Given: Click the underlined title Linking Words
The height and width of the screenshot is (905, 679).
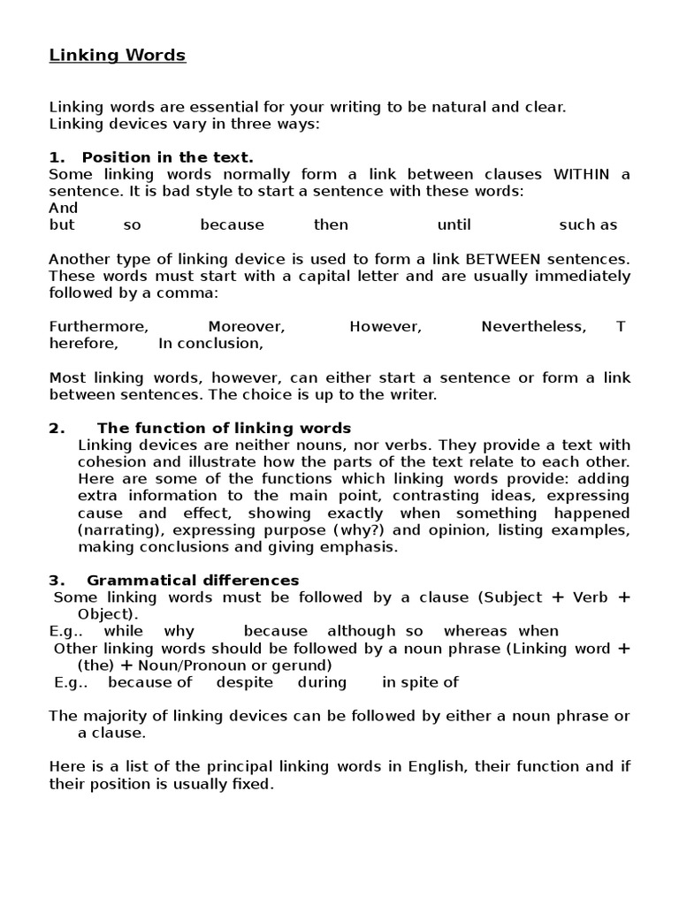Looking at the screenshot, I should point(117,56).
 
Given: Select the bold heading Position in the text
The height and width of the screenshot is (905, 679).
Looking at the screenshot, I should point(167,157).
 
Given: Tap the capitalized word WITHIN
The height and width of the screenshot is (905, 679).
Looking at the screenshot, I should point(581,174).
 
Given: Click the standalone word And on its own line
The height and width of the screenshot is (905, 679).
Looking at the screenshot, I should point(64,208).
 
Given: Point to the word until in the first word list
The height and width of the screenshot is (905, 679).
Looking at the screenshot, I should point(454,224).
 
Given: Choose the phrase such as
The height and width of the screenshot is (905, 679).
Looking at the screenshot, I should point(588,224).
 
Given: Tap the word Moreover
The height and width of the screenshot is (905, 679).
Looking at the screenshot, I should point(247,326).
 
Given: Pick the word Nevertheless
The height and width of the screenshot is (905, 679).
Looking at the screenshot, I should point(533,326).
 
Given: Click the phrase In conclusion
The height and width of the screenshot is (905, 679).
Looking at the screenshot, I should point(210,343).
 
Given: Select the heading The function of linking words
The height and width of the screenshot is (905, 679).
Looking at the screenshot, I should point(224,428).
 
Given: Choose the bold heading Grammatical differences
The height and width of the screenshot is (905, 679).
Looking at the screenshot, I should point(193,580).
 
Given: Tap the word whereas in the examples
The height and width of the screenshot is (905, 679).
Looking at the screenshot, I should point(475,631).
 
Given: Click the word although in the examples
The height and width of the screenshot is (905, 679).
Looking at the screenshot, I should point(362,631).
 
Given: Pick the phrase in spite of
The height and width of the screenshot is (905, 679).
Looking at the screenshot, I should point(420,682).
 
